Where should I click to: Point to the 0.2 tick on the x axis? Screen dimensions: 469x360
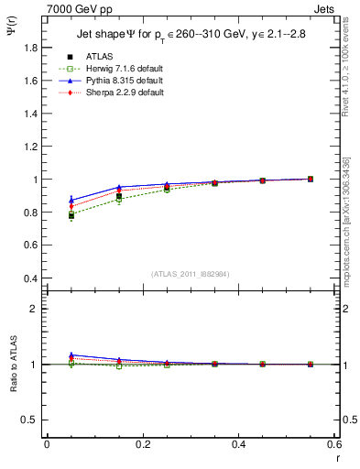tap(143, 444)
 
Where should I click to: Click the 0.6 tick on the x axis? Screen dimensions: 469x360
tap(334, 444)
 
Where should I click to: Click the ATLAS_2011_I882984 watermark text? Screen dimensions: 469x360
tap(191, 273)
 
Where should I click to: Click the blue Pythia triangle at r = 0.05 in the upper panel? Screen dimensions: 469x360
tap(71, 200)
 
